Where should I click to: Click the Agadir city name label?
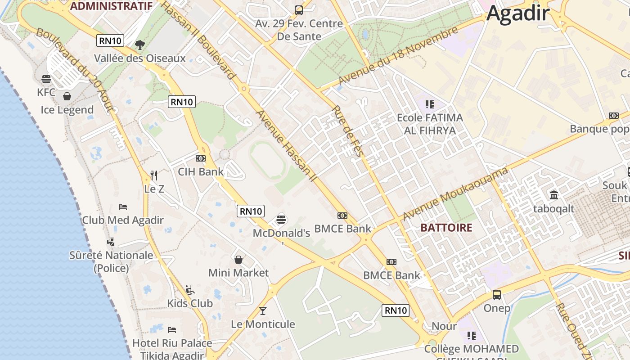(518, 13)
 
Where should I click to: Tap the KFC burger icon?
(46, 80)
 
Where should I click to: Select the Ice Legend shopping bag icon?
(67, 96)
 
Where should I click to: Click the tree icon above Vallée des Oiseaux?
(140, 45)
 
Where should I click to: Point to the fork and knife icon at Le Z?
(154, 175)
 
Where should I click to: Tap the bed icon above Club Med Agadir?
(123, 207)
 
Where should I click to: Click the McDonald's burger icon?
(281, 220)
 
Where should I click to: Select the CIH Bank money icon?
(201, 158)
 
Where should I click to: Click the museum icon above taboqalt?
(554, 195)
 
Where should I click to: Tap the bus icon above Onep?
(497, 295)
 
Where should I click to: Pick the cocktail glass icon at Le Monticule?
(263, 311)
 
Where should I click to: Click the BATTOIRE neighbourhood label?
(446, 228)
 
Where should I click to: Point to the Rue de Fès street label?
(347, 131)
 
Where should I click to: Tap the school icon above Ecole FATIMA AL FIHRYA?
(429, 104)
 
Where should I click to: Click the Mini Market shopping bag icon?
(238, 260)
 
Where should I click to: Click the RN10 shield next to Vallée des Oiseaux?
(110, 41)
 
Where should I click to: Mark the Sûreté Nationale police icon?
(111, 242)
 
